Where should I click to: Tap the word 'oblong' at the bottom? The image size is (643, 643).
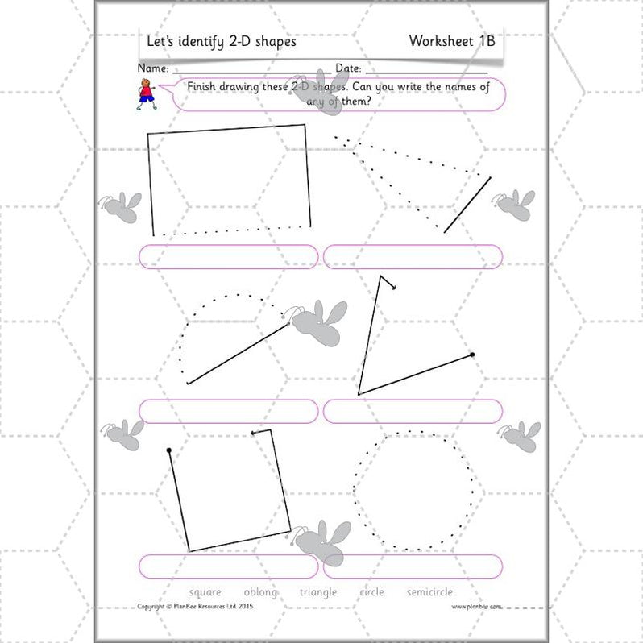tap(260, 592)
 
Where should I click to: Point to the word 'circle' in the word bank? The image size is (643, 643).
tap(372, 592)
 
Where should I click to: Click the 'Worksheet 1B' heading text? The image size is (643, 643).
tap(451, 41)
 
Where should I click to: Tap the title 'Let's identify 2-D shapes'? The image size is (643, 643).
tap(221, 41)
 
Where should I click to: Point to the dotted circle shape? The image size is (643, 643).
tap(414, 489)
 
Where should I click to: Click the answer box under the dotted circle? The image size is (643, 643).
tap(413, 566)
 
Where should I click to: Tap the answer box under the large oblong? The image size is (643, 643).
tap(229, 256)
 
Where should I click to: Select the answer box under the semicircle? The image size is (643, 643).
tap(229, 411)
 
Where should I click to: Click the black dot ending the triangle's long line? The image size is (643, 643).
tap(472, 354)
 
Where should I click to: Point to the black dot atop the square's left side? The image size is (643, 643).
tap(168, 450)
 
